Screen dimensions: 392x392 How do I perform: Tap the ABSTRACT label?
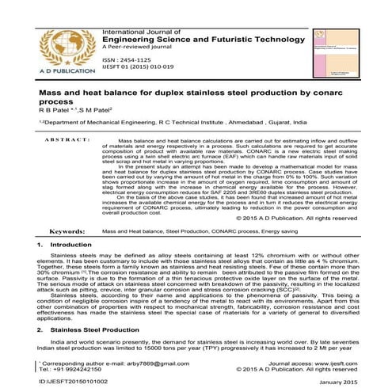[58, 161]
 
